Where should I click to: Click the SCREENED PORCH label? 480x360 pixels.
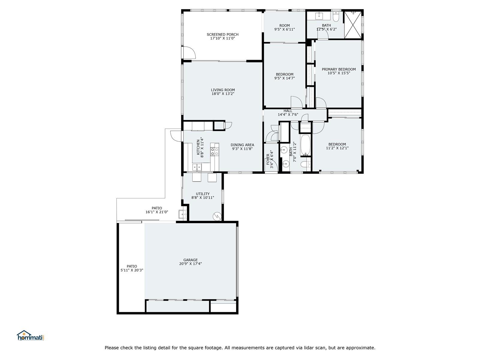222,34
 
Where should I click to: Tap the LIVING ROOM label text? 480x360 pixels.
223,90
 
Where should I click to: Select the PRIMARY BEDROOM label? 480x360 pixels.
338,69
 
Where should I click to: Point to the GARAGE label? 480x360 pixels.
190,260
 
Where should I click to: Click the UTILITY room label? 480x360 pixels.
202,194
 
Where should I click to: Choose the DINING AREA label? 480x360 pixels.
242,145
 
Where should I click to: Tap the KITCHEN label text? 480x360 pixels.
198,147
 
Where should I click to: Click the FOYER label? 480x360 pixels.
268,159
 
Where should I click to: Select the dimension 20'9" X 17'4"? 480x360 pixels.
190,264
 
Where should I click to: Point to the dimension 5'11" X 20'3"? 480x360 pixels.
132,270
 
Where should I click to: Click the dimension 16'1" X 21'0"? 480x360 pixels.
157,212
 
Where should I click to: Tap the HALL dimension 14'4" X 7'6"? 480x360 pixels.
288,115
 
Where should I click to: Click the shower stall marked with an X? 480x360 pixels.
353,25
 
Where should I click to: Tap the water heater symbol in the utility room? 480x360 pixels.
217,216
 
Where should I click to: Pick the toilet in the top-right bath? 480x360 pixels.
336,16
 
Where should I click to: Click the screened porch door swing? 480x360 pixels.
189,53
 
